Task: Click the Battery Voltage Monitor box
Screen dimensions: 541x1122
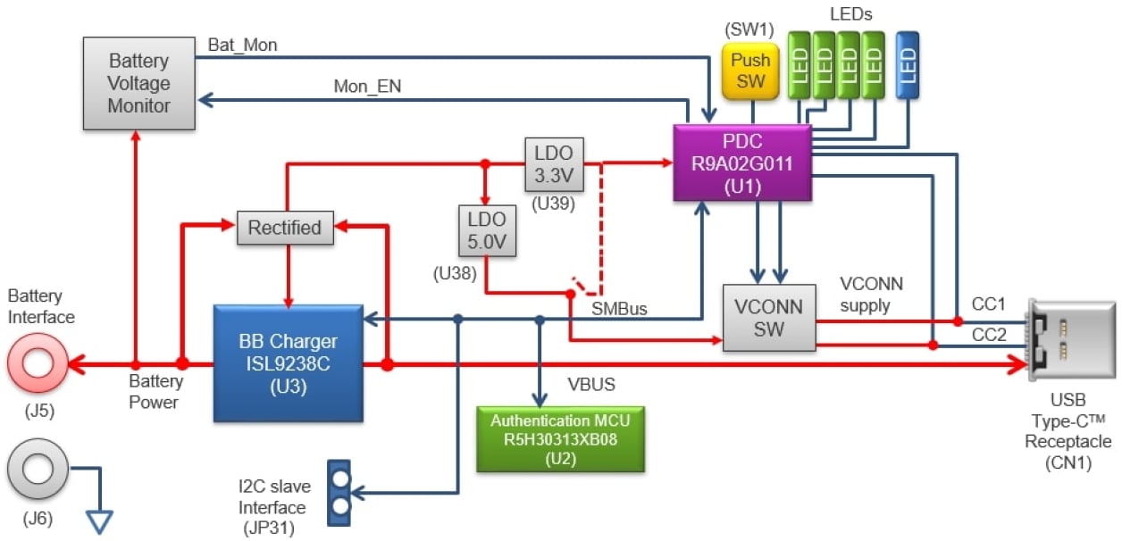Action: pos(138,83)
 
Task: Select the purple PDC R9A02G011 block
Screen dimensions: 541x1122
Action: pos(741,162)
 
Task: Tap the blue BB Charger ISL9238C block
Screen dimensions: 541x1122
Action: pos(288,362)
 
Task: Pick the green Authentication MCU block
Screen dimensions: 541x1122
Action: pos(560,438)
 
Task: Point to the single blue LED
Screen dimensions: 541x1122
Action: pos(908,64)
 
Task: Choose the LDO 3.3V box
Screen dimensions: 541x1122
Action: pos(554,163)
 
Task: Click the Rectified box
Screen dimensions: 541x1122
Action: pos(284,228)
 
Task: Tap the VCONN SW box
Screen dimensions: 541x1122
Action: pos(769,318)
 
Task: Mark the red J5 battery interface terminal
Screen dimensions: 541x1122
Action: pos(38,363)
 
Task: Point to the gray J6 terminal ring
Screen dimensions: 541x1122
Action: pos(38,467)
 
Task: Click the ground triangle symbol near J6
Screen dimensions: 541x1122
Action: pos(100,520)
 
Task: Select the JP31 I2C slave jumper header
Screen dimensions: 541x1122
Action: pos(339,491)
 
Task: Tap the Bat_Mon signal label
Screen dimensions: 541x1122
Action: pos(242,45)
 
